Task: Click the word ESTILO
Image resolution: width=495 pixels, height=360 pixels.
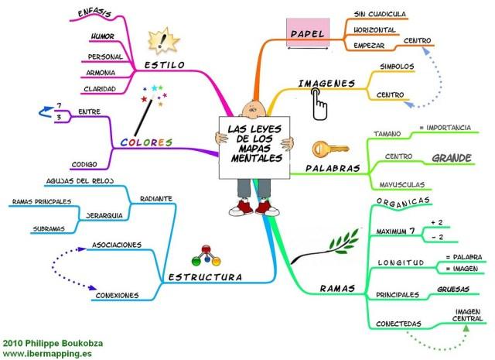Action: pos(166,66)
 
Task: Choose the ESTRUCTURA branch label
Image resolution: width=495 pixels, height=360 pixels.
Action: pos(204,276)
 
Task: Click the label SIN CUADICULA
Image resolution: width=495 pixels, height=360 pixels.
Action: pos(380,14)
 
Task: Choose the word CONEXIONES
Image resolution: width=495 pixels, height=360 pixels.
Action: pos(116,294)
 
